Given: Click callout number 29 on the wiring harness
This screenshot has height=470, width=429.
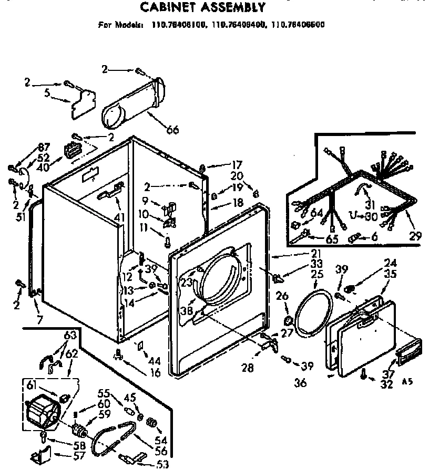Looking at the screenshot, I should click(415, 236).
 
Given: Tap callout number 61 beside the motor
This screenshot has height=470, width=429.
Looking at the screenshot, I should click(31, 387).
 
